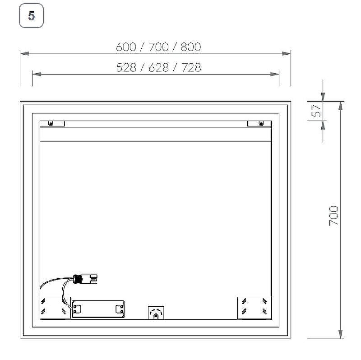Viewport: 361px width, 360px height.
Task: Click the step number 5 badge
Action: coord(31,16)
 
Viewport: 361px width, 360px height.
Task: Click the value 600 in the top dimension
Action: coord(126,47)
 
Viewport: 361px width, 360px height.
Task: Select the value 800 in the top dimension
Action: coord(190,47)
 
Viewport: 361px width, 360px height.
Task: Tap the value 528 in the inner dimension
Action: coord(126,68)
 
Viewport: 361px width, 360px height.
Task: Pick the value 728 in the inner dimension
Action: coord(191,68)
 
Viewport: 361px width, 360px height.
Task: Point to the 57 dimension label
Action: coord(317,111)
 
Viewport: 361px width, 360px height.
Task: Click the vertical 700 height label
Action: coord(333,216)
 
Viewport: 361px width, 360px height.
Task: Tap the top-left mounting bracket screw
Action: coord(51,123)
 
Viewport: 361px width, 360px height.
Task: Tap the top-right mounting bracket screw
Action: coord(261,123)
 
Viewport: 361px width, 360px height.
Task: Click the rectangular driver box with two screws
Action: coord(98,309)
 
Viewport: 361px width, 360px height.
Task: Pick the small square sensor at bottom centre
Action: coord(156,313)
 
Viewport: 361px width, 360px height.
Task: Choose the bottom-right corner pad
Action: coord(254,307)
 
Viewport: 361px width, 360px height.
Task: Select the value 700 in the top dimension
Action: coord(158,47)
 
